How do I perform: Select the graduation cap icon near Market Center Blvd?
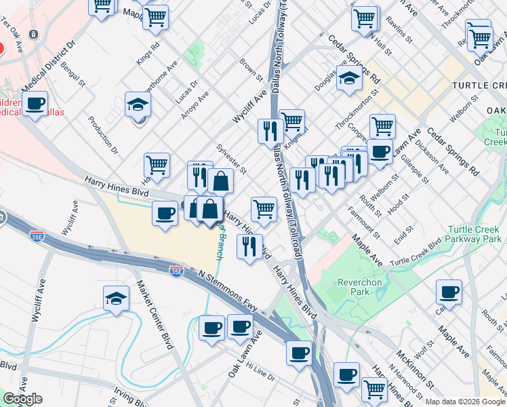tap(117, 298)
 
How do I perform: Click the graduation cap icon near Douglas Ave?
tap(350, 79)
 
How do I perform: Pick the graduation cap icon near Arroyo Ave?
tap(137, 105)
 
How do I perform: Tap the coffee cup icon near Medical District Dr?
tap(35, 104)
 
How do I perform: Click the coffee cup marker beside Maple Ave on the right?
tap(449, 293)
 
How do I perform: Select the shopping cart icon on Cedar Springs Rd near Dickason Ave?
tap(382, 126)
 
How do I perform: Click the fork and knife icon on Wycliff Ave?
tap(270, 130)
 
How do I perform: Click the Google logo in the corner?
tap(22, 399)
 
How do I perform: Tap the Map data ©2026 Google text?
tap(465, 402)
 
